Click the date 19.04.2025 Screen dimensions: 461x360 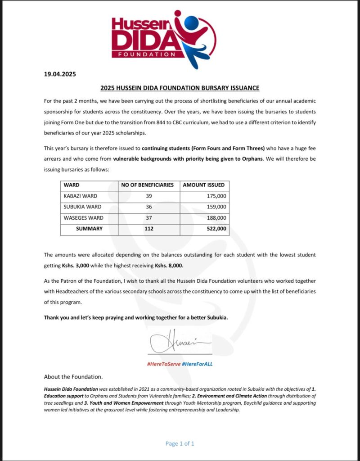(60, 75)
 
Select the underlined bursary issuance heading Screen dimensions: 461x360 (180, 88)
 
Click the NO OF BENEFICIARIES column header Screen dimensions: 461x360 (148, 185)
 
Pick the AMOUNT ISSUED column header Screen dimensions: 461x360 (203, 185)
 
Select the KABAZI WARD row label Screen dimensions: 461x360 (81, 196)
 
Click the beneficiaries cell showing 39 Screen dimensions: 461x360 (149, 196)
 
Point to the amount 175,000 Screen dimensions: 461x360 (216, 196)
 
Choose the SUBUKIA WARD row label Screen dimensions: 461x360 (82, 207)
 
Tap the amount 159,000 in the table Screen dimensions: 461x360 (216, 207)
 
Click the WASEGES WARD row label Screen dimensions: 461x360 (83, 218)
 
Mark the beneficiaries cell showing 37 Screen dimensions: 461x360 (149, 218)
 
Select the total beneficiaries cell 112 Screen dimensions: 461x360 (149, 229)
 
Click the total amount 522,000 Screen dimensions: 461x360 (216, 229)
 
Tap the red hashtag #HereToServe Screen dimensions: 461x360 (163, 363)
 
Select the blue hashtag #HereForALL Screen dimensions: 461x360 (197, 363)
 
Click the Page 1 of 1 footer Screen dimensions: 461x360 (180, 443)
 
